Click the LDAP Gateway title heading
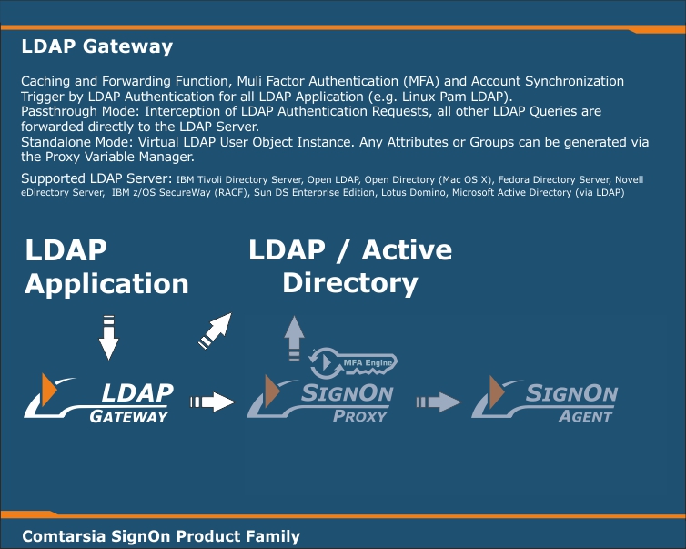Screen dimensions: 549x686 (96, 46)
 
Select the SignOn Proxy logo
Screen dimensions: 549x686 (320, 402)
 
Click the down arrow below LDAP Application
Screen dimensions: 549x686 (108, 336)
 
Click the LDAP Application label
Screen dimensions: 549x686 (106, 267)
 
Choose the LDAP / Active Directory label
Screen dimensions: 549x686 (350, 266)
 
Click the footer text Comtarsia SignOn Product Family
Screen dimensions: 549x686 (160, 535)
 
